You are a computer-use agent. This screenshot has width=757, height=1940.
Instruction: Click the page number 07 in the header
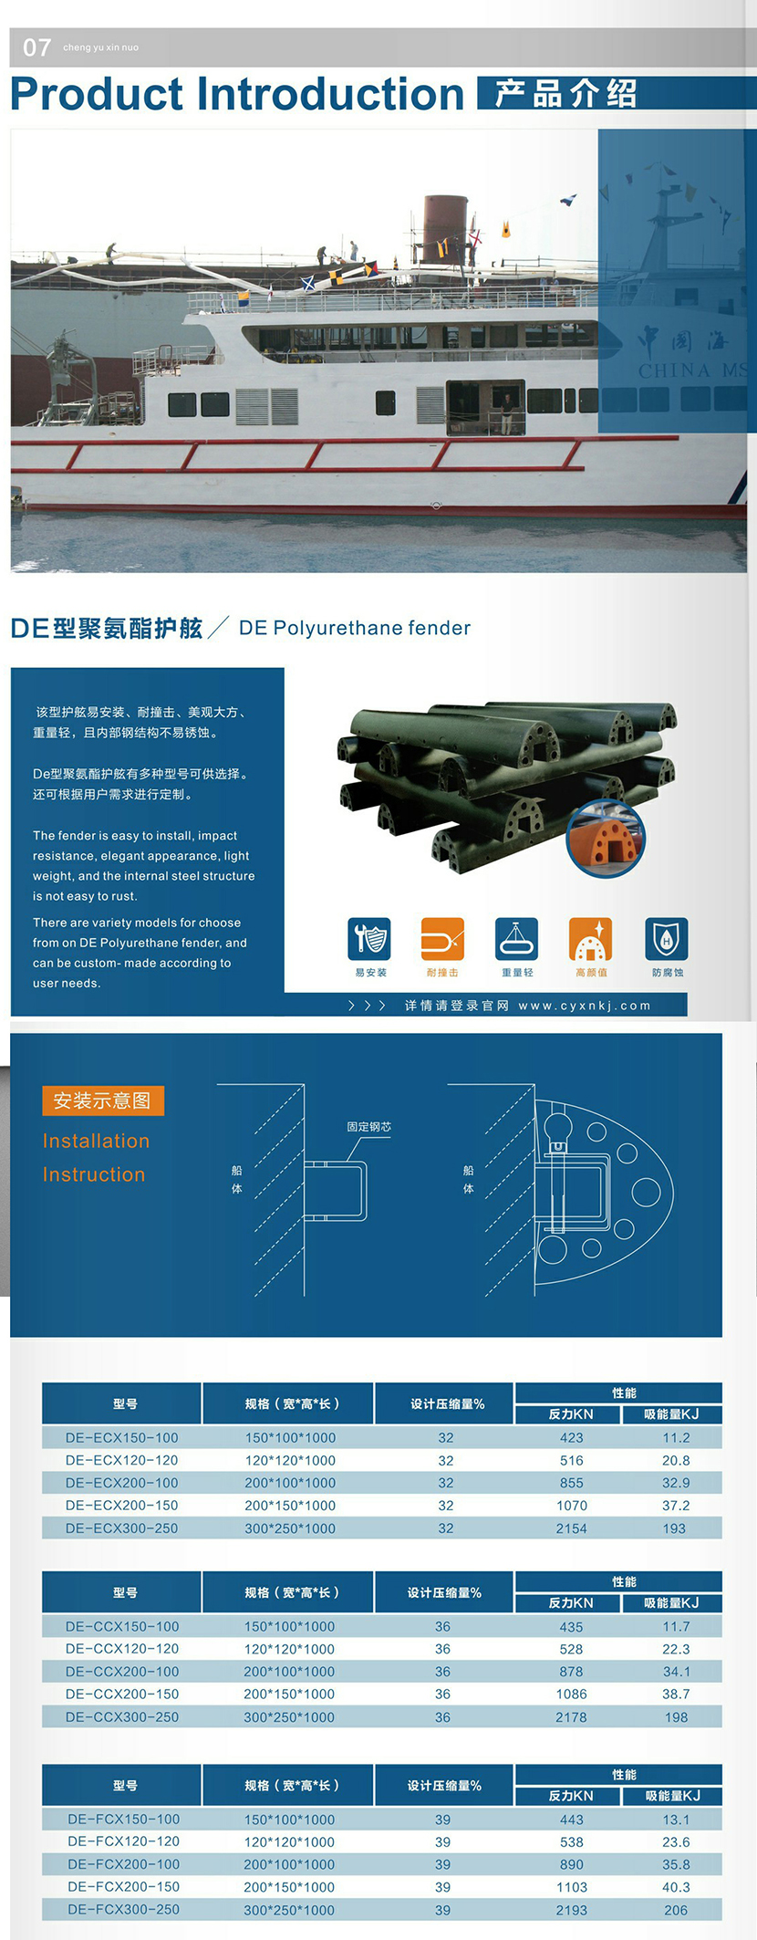coord(36,47)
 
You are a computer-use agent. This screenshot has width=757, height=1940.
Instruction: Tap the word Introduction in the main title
coord(332,94)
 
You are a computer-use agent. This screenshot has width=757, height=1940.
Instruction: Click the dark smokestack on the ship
coord(446,229)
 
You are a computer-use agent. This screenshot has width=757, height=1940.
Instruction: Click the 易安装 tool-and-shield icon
coord(369,939)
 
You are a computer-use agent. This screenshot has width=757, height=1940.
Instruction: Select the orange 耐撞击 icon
coord(442,939)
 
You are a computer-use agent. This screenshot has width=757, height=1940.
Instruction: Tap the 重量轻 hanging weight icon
coord(517,939)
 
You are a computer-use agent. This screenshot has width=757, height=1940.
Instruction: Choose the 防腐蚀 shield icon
coord(667,939)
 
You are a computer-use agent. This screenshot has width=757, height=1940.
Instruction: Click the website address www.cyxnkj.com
coord(585,1006)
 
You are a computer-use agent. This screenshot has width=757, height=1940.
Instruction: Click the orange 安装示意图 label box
coord(103,1100)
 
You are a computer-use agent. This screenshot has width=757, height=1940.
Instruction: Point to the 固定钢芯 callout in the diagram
coord(369,1127)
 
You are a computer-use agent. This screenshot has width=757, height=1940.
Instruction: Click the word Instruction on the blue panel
coord(94,1174)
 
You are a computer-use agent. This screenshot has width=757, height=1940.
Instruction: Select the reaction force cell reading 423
coord(572,1437)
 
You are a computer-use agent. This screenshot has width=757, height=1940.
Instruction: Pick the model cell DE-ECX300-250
coord(122,1528)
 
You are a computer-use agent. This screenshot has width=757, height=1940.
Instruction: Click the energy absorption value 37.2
coord(676,1505)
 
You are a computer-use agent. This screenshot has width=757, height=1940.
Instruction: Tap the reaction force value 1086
coord(572,1694)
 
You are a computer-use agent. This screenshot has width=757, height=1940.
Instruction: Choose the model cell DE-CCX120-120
coord(122,1648)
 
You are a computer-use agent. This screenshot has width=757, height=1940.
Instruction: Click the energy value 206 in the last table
coord(676,1909)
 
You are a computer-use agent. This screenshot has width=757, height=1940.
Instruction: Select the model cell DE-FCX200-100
coord(124,1863)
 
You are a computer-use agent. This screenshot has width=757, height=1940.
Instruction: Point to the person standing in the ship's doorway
coord(507,412)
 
